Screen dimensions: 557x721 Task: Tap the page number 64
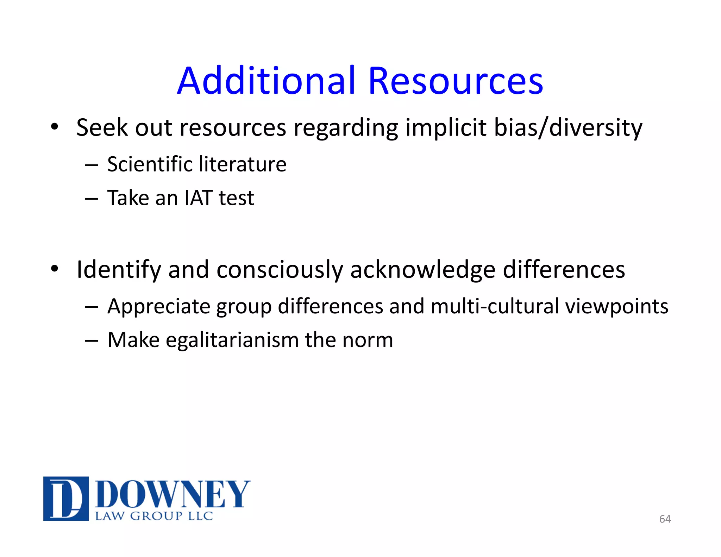click(x=665, y=519)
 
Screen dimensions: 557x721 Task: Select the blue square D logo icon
click(x=66, y=499)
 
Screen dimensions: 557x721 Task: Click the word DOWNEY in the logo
click(x=173, y=494)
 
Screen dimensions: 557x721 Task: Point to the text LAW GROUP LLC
click(x=154, y=516)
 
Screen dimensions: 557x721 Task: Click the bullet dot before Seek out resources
click(x=54, y=127)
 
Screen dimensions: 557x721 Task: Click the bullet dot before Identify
click(x=54, y=269)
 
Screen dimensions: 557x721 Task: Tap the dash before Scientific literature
click(x=91, y=165)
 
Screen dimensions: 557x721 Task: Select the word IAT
click(x=199, y=198)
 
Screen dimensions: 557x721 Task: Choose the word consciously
click(x=280, y=270)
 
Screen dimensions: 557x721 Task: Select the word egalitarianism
click(x=232, y=340)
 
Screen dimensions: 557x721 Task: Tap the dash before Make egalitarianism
click(x=91, y=341)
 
